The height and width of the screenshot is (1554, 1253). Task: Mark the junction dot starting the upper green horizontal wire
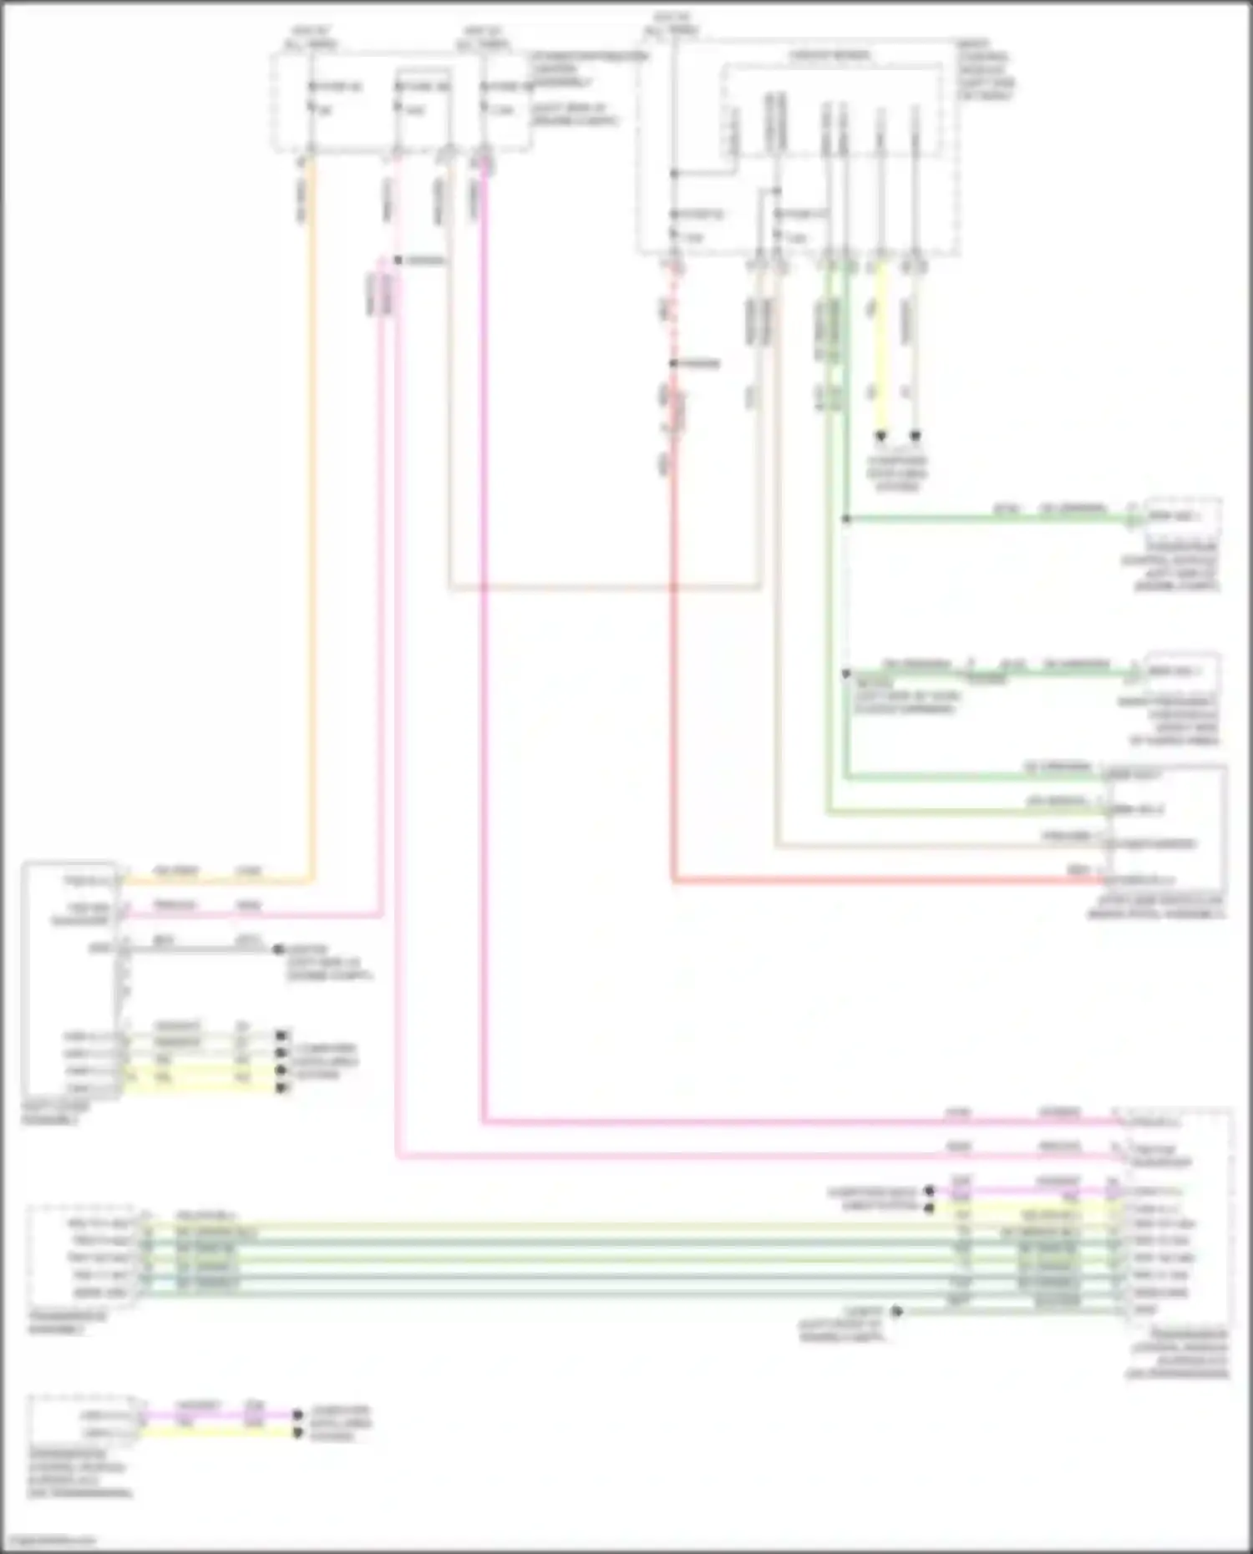[846, 519]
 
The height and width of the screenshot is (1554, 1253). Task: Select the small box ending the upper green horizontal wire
[1182, 516]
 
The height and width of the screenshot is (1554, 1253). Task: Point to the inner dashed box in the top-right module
[830, 109]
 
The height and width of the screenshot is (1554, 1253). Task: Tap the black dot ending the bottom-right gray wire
[896, 1311]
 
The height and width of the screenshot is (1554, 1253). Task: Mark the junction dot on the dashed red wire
[673, 364]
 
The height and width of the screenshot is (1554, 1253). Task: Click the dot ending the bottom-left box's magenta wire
[297, 1415]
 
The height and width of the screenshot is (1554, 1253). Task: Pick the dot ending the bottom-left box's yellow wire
[297, 1433]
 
